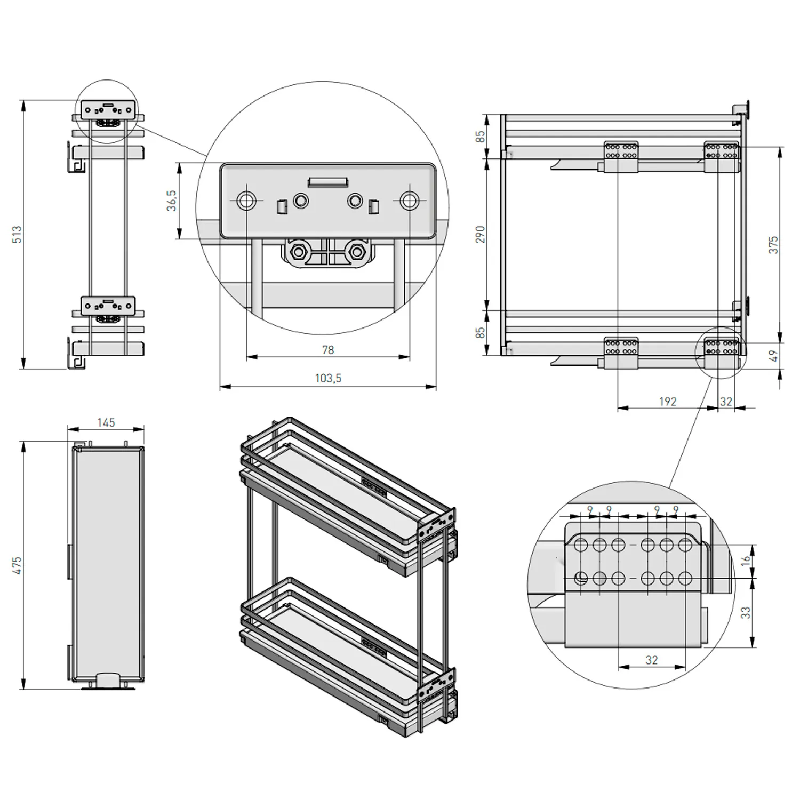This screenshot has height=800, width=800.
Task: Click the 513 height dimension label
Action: click(17, 235)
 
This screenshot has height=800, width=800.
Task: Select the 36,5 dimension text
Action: click(172, 201)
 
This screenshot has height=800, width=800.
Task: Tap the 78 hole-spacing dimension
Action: click(328, 350)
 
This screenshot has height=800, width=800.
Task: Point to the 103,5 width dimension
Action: click(328, 378)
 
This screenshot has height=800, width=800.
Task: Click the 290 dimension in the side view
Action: click(481, 235)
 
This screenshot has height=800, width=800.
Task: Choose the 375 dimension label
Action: click(773, 245)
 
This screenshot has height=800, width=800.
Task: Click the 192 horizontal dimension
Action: click(668, 401)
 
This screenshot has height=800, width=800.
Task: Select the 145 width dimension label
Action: click(106, 422)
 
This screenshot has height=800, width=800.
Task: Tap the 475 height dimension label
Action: click(17, 565)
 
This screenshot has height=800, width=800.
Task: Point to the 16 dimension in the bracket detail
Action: click(746, 560)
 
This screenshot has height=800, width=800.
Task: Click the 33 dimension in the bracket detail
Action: click(746, 612)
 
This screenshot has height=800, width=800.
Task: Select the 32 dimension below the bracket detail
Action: click(652, 660)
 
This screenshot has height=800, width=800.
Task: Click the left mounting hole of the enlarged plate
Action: click(246, 201)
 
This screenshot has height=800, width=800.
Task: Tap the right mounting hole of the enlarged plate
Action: click(409, 201)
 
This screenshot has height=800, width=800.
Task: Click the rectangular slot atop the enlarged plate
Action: click(327, 182)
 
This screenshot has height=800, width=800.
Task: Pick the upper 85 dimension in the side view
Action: click(481, 137)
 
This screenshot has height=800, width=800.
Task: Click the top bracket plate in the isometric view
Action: click(437, 525)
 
